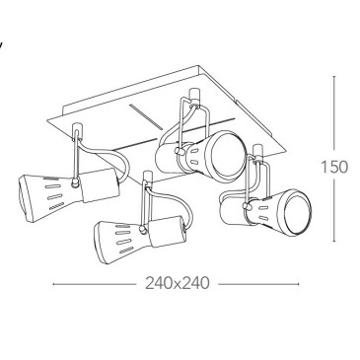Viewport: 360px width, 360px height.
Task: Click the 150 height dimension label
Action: (x=334, y=168)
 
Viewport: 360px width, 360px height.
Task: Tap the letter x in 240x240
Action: (x=178, y=284)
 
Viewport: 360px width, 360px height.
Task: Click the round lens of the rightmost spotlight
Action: (x=297, y=213)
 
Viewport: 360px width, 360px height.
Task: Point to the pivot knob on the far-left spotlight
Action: (x=75, y=183)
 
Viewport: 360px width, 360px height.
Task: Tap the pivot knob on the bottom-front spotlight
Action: (x=143, y=230)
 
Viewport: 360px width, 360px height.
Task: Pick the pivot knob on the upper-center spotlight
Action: (x=179, y=151)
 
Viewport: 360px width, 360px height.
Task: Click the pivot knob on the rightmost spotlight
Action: (x=246, y=206)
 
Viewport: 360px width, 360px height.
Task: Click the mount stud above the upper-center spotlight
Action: (x=194, y=94)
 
